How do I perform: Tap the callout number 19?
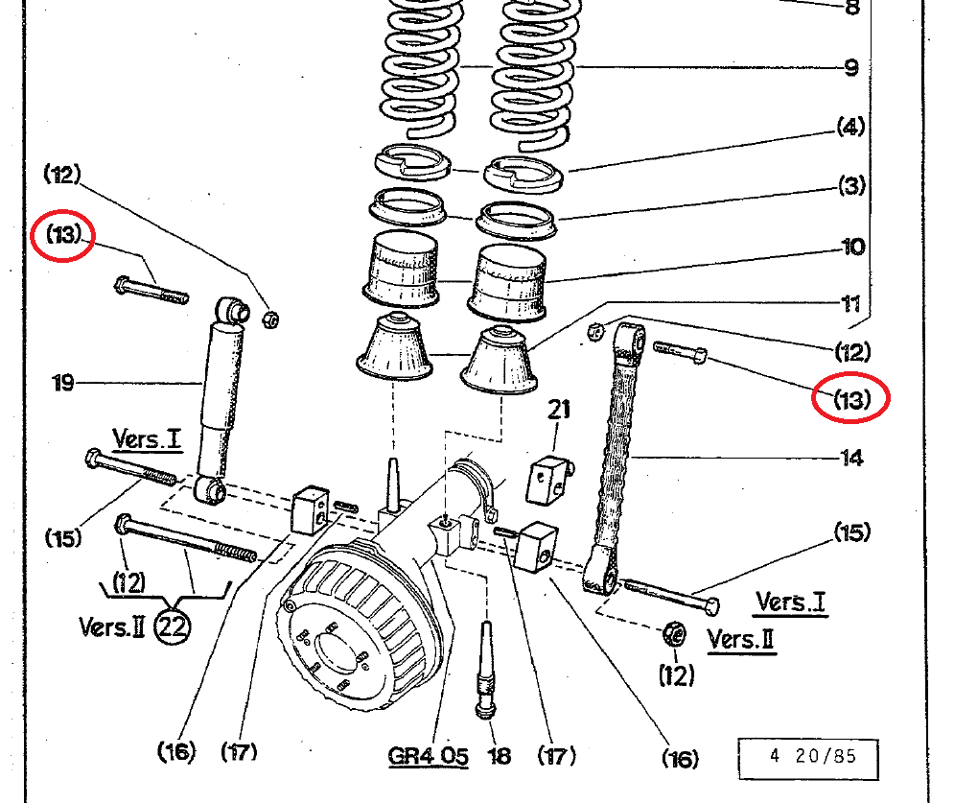pos(63,384)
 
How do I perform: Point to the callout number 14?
pos(851,458)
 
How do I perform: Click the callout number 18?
pos(500,756)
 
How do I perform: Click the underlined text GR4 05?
pos(428,756)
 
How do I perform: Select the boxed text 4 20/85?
pos(812,756)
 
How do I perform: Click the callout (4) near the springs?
pos(851,126)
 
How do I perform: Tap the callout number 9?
pos(851,68)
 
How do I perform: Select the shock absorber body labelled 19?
pos(221,384)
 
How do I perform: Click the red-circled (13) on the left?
pos(63,235)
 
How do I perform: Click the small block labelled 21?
pos(549,479)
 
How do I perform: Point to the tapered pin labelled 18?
pos(487,672)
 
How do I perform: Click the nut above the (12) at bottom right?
pos(673,633)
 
